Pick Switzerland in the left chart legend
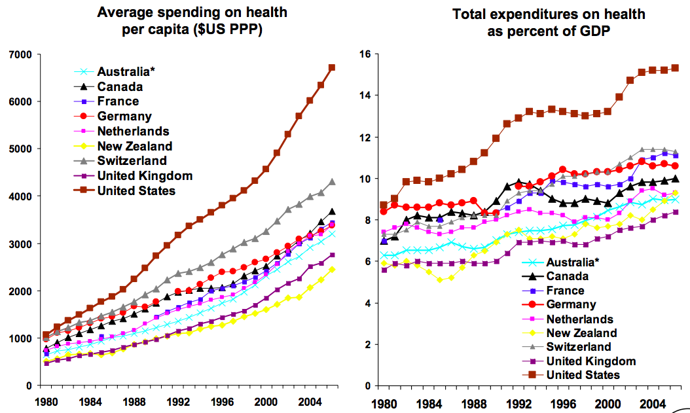tap(132, 160)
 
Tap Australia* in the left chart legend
tap(126, 71)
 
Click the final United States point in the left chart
tap(332, 67)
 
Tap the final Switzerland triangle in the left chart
tap(332, 182)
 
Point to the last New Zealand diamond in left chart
tap(332, 269)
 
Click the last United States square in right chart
tap(675, 67)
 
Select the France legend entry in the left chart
tap(118, 101)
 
